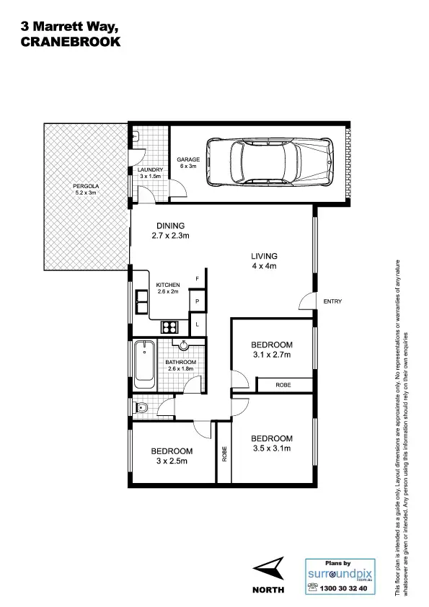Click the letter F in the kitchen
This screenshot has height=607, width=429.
pyautogui.click(x=196, y=278)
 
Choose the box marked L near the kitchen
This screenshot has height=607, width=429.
pyautogui.click(x=196, y=324)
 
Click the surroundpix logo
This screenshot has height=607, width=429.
pyautogui.click(x=338, y=574)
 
